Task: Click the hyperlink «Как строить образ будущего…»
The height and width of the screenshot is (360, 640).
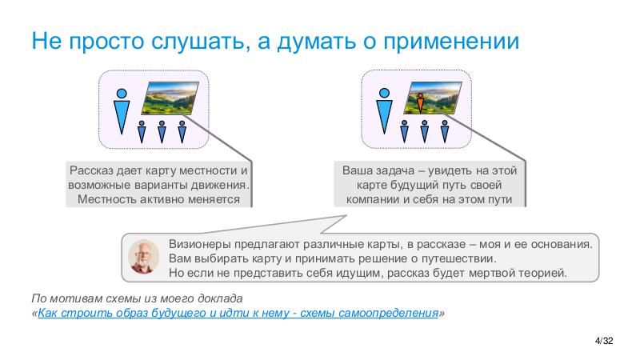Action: point(238,314)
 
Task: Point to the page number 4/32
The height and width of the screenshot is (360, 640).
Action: point(605,342)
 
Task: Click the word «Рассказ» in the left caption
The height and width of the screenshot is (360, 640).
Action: point(91,170)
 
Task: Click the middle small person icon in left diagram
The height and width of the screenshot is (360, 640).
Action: point(161,130)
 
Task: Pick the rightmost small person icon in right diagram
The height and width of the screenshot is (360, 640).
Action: point(443,130)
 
